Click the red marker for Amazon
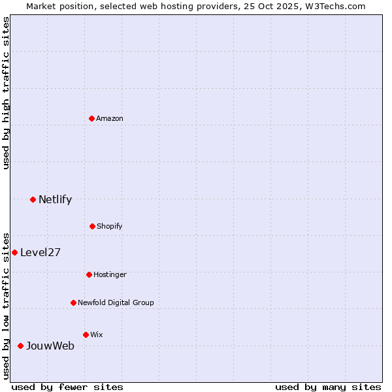[92, 118]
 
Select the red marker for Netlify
[33, 199]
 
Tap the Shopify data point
[92, 226]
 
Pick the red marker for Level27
[14, 252]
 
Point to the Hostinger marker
[89, 274]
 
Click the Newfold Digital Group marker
[73, 302]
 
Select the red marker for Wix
[86, 335]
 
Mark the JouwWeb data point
[20, 346]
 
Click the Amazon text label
[110, 118]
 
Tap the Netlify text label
[55, 199]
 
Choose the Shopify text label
[110, 226]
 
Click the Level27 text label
[41, 252]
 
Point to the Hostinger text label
[110, 274]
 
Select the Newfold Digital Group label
[116, 302]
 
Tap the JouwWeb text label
[50, 346]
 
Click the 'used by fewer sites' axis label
[67, 387]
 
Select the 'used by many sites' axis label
[328, 387]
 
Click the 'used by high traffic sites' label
[6, 93]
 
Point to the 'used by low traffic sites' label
[6, 305]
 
